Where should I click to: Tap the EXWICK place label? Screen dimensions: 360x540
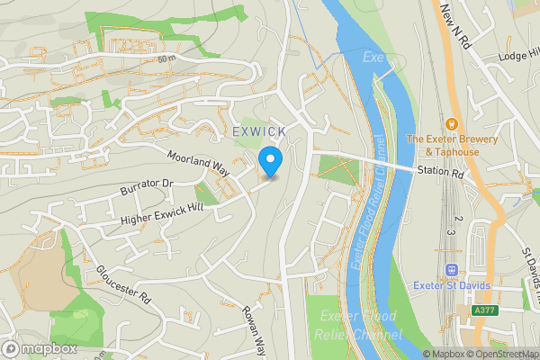click(259, 132)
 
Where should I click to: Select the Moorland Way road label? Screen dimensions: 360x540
click(199, 163)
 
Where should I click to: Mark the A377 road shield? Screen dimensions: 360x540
click(484, 310)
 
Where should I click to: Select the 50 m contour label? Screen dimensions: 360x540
click(166, 59)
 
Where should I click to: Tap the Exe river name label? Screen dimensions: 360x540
click(373, 57)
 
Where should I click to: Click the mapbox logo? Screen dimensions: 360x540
click(40, 348)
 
